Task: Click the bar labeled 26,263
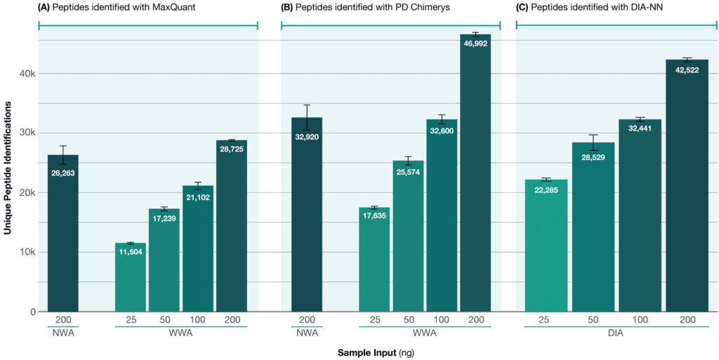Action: [x=63, y=239]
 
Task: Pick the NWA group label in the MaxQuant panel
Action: [x=63, y=333]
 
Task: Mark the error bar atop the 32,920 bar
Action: [x=307, y=117]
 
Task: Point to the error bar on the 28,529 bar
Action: [x=593, y=142]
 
